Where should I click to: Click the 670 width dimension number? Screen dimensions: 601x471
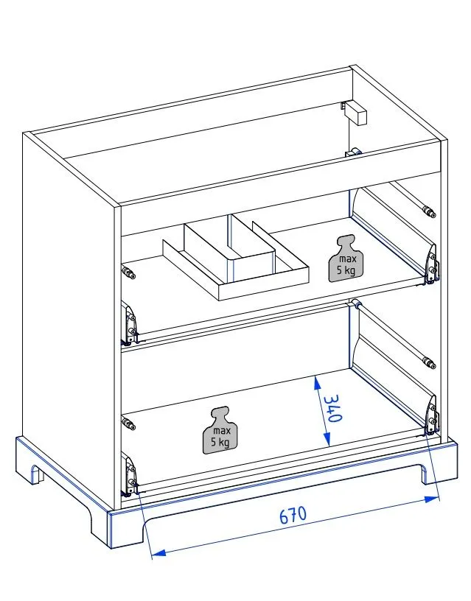click(293, 515)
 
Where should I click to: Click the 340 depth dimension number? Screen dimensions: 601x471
click(330, 407)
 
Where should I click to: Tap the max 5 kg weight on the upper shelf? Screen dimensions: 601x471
click(346, 259)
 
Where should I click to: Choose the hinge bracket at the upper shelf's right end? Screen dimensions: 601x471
click(431, 264)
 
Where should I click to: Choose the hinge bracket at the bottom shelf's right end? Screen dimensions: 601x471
click(431, 418)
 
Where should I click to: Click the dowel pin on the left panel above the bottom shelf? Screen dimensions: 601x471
click(129, 425)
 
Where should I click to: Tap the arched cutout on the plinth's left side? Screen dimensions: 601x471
click(36, 474)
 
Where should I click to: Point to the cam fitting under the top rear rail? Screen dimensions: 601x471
click(353, 152)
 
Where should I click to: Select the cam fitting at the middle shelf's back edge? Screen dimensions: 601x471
click(355, 303)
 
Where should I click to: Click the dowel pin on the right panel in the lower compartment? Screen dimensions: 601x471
click(428, 362)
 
